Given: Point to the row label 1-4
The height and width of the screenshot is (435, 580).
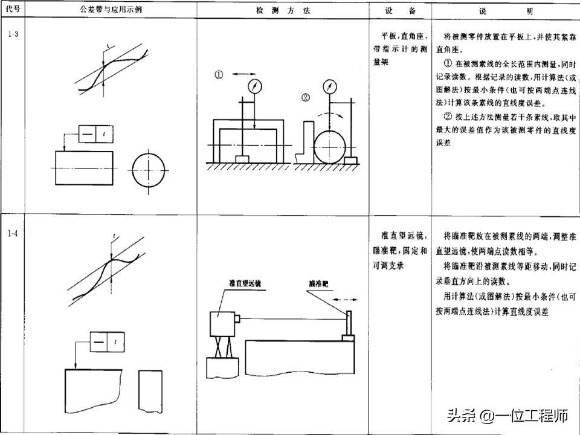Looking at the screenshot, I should click(x=13, y=233).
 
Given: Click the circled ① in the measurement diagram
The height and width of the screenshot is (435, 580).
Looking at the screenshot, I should click(x=219, y=76).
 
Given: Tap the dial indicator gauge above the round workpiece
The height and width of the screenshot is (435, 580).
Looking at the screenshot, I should click(x=330, y=86).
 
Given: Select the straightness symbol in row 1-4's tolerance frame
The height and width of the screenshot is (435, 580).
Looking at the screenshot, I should click(x=98, y=343).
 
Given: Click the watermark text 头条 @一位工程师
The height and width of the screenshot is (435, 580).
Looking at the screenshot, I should click(x=507, y=416).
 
